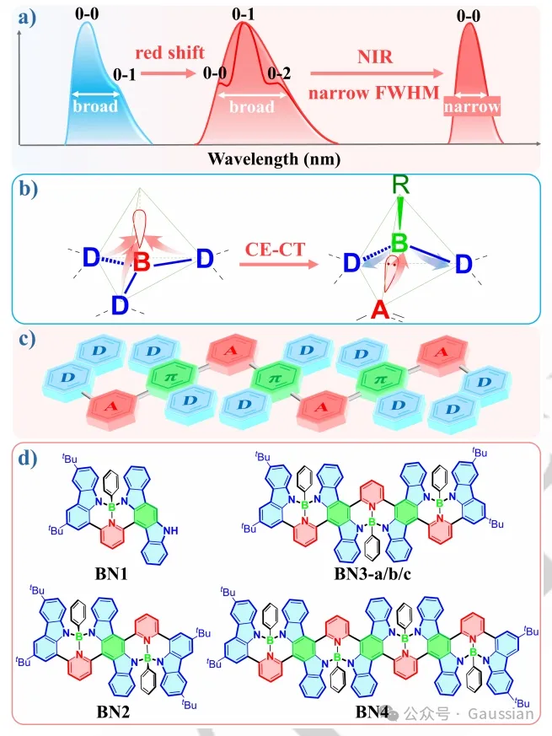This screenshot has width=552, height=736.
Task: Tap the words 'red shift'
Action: pyautogui.click(x=172, y=53)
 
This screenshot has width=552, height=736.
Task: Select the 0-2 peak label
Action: pyautogui.click(x=279, y=74)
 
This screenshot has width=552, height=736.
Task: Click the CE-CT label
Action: pyautogui.click(x=273, y=250)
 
